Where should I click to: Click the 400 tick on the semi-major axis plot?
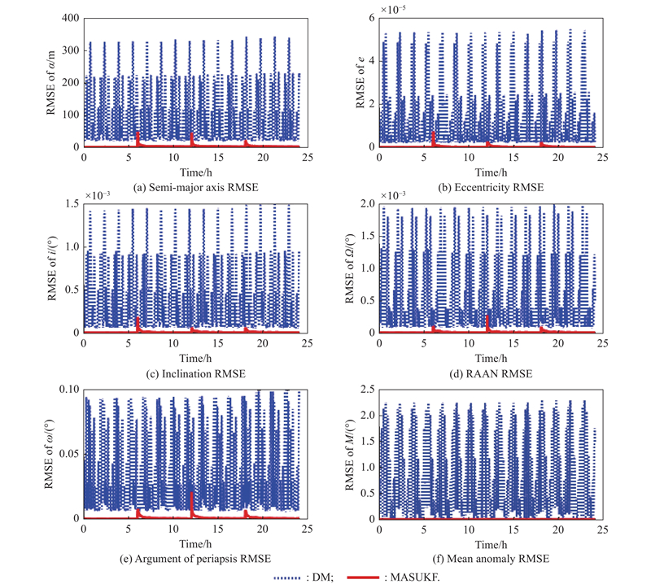click(69, 18)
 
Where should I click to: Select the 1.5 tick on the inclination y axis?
click(69, 204)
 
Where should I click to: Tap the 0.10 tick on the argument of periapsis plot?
click(67, 390)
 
